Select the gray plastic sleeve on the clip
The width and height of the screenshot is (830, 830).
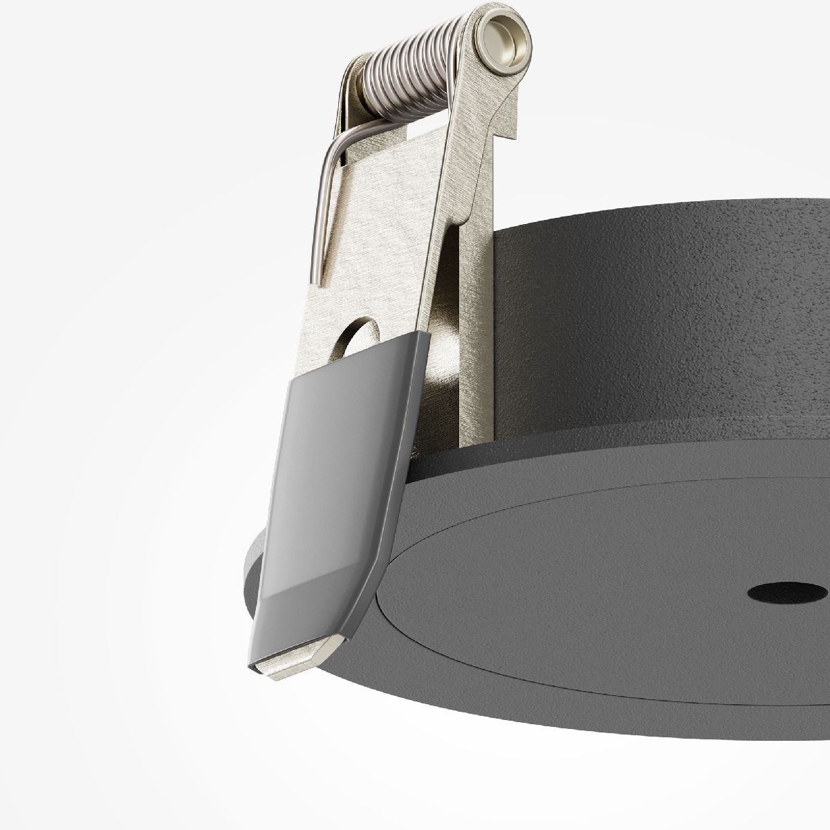pos(332,484)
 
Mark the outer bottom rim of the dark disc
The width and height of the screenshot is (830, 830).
pos(553,726)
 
